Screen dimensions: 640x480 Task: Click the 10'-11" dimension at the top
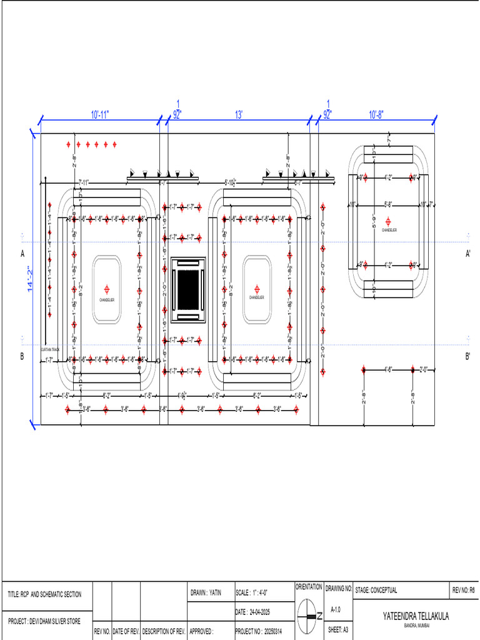(x=100, y=115)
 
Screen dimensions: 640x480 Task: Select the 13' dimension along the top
(x=239, y=115)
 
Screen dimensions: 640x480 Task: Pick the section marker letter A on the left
(x=22, y=254)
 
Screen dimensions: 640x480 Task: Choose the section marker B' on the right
(x=467, y=357)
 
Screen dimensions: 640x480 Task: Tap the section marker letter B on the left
(x=22, y=357)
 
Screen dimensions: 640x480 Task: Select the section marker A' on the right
(x=467, y=254)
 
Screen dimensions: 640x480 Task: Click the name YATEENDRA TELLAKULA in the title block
(x=416, y=616)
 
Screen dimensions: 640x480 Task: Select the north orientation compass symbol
(x=308, y=616)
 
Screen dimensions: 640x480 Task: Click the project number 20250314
(x=263, y=632)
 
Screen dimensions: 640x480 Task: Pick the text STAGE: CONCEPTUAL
(x=376, y=590)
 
